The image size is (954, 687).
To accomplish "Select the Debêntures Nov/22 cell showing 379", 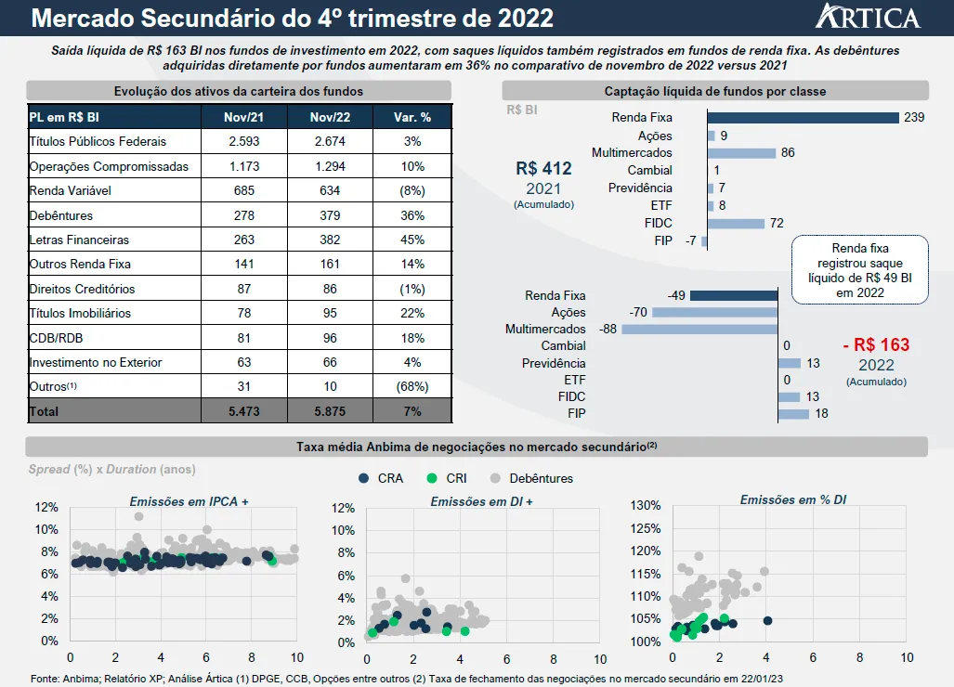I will point(329,215).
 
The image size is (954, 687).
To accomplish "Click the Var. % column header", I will point(412,117).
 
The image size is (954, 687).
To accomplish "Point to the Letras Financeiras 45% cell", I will point(412,240).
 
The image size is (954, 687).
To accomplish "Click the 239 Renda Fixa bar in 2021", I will point(803,118).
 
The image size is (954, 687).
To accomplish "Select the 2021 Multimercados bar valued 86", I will point(741,152).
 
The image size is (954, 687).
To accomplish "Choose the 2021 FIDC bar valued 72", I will point(736,223).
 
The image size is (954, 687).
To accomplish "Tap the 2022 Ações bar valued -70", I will point(714,312).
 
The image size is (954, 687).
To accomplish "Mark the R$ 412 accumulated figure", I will point(543,169).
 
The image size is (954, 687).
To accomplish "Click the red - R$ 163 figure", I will point(875,345).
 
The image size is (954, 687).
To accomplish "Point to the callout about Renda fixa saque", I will point(859,270).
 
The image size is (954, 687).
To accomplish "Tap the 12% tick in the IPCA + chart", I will point(46,507).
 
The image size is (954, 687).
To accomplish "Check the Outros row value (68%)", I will point(412,386).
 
